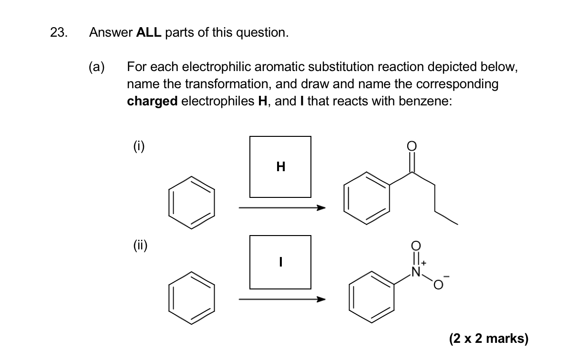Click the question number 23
(x=59, y=33)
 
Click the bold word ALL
(x=149, y=33)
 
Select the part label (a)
(x=97, y=67)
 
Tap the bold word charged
(x=153, y=102)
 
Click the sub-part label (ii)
(x=140, y=246)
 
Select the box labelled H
(x=280, y=166)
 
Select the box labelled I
(x=280, y=262)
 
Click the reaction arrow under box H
(x=282, y=208)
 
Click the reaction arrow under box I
(x=282, y=299)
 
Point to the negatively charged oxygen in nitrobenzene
(x=438, y=285)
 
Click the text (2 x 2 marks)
(x=488, y=339)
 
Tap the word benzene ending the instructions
(x=425, y=102)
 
